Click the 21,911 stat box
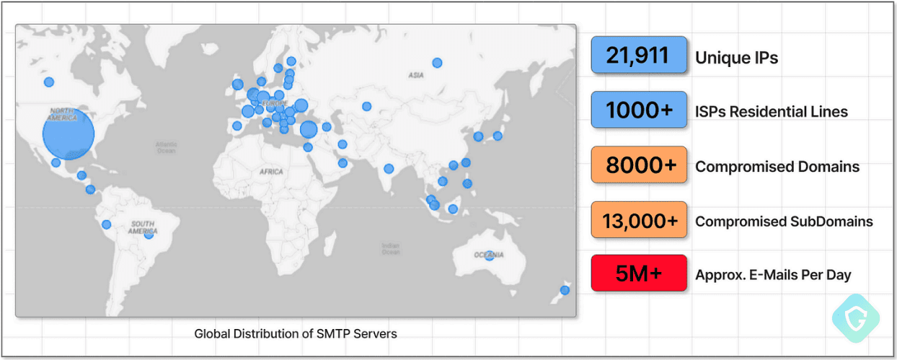pos(637,56)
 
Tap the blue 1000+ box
pos(637,110)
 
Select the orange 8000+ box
pos(637,166)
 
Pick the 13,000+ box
pos(637,221)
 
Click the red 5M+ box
pos(637,273)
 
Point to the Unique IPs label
pos(736,58)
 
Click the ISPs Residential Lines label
pos(771,112)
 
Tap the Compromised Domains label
pos(777,167)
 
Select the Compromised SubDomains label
pos(783,221)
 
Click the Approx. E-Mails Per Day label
pos(773,274)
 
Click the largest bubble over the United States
pos(69,136)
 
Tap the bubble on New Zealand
pos(565,290)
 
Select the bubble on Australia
pos(490,255)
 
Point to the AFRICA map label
pos(272,172)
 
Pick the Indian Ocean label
pos(390,248)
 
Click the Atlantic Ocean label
pos(166,148)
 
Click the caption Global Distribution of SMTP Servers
pos(296,334)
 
